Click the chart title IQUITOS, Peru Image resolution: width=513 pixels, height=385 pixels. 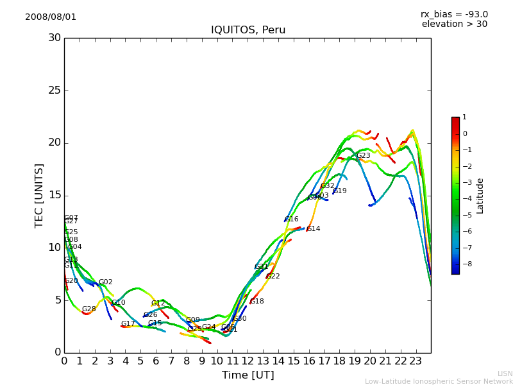[248, 30]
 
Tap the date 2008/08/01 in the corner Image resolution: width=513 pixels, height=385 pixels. [51, 17]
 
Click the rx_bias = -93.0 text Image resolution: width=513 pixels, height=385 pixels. [454, 14]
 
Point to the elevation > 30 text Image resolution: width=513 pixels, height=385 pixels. [454, 24]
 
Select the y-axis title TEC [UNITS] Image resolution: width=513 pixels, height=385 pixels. [39, 195]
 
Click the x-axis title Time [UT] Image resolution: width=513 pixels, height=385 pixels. [248, 375]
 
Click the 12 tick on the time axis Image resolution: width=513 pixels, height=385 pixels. [248, 361]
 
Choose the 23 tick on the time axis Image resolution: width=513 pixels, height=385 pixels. [416, 361]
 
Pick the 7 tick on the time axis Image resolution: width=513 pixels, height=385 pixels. [171, 361]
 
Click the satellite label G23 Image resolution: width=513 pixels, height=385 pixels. [364, 156]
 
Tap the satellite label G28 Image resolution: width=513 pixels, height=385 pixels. [88, 309]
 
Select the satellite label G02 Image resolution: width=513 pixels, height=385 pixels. [105, 282]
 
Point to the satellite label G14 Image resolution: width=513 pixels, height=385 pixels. [313, 229]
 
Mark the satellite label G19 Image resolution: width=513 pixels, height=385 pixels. [339, 191]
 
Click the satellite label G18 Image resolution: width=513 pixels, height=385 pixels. [256, 302]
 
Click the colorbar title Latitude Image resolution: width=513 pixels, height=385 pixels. [480, 196]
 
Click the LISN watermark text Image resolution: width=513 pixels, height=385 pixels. [505, 373]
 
